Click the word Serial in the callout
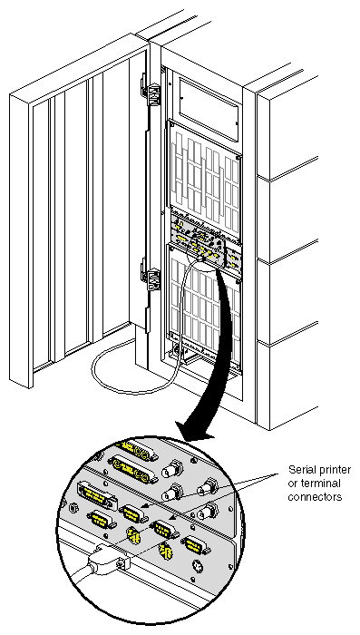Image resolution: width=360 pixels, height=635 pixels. (303, 469)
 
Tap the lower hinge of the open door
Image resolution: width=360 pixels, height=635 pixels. (149, 273)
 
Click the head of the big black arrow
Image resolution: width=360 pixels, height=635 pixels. (195, 423)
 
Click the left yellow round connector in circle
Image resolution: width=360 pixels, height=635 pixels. (133, 535)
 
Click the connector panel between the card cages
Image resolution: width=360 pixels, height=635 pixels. (205, 240)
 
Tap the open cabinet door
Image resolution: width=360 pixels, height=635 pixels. (86, 209)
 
